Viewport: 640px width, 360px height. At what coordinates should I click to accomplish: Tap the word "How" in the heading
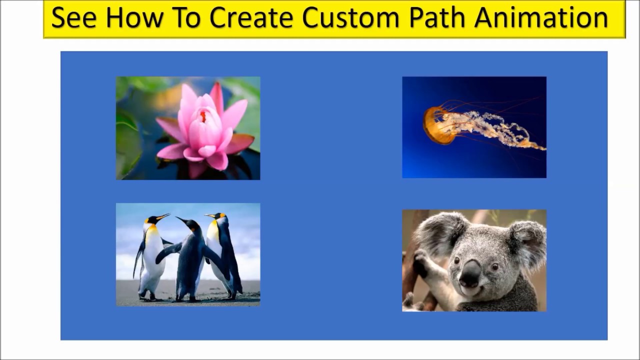[134, 18]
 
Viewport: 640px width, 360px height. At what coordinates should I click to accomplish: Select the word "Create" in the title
[251, 18]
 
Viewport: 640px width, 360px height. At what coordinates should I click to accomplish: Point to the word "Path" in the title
[437, 18]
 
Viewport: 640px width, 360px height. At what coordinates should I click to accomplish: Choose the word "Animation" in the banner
[541, 18]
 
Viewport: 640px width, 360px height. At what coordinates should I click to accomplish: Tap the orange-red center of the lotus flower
[203, 116]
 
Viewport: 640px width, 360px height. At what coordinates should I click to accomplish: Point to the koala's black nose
[470, 273]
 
